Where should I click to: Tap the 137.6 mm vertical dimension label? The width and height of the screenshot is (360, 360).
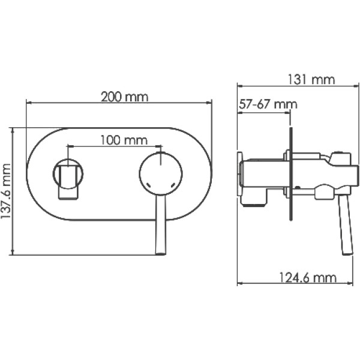(x=7, y=191)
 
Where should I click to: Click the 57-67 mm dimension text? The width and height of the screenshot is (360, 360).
(x=268, y=104)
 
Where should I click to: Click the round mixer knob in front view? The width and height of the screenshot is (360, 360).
(x=161, y=173)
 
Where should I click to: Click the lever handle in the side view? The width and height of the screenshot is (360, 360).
(x=345, y=224)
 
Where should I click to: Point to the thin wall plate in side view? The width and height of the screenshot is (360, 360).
(x=290, y=174)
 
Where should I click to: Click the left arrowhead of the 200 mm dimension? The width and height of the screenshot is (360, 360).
(x=28, y=103)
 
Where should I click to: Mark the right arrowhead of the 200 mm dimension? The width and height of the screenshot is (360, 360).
(x=210, y=103)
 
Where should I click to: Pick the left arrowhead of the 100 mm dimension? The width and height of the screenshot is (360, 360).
(x=70, y=146)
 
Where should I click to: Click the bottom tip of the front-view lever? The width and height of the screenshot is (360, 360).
(x=160, y=253)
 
